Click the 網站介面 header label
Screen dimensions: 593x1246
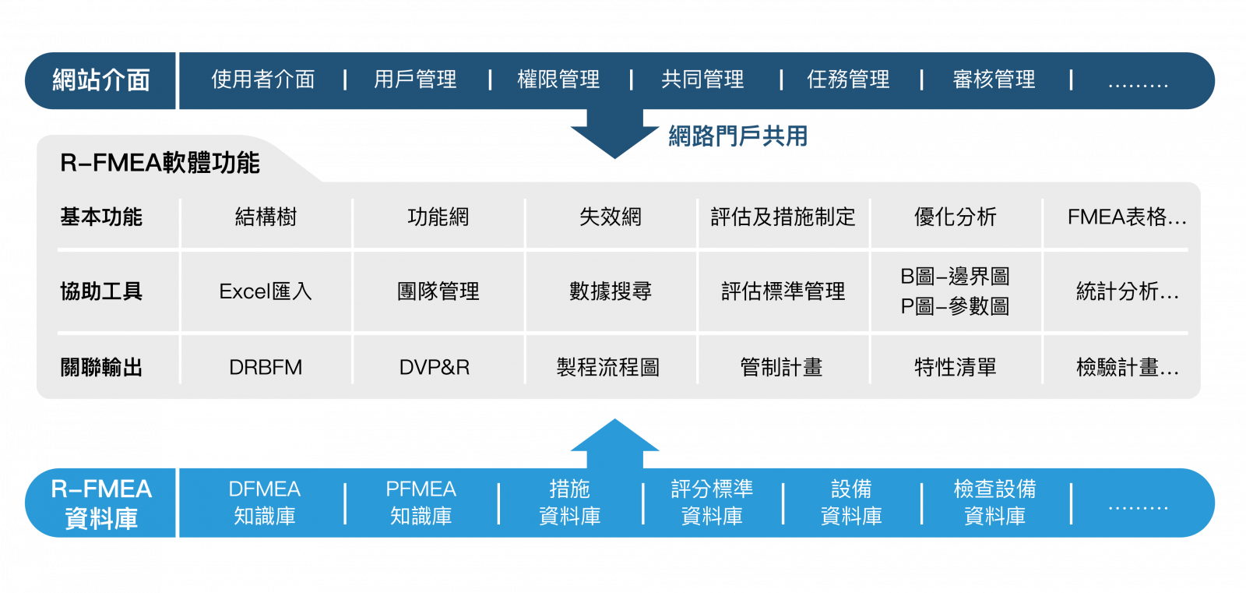[100, 80]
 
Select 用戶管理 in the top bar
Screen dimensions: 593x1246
[415, 79]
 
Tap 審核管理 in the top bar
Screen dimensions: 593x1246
[994, 79]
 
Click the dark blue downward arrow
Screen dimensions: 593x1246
[614, 132]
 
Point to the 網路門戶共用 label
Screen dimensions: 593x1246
[737, 136]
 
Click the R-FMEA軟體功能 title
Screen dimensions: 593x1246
[160, 163]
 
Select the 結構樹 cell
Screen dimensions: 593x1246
[266, 217]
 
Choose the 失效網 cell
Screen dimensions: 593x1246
[611, 217]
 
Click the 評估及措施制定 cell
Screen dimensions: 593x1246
[783, 217]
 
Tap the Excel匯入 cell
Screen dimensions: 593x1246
[266, 291]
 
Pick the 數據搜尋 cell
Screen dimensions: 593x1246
[611, 291]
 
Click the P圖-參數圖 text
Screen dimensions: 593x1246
[955, 306]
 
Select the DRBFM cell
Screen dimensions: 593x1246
[266, 367]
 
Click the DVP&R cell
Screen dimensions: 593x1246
[435, 367]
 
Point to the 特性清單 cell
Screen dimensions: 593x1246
[955, 367]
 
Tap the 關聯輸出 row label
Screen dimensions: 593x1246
[101, 367]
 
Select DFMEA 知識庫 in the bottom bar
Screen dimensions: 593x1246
[265, 503]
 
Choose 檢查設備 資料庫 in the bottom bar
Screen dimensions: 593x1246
[994, 503]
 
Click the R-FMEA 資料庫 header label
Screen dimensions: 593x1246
[101, 503]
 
